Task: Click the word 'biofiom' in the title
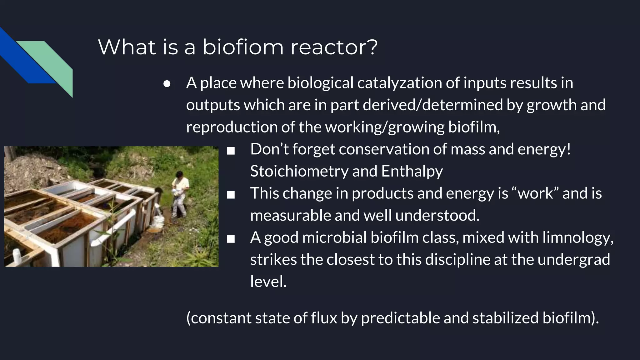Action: [243, 47]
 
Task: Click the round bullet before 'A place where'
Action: [167, 84]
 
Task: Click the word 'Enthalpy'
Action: [412, 171]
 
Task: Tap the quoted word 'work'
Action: [536, 193]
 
